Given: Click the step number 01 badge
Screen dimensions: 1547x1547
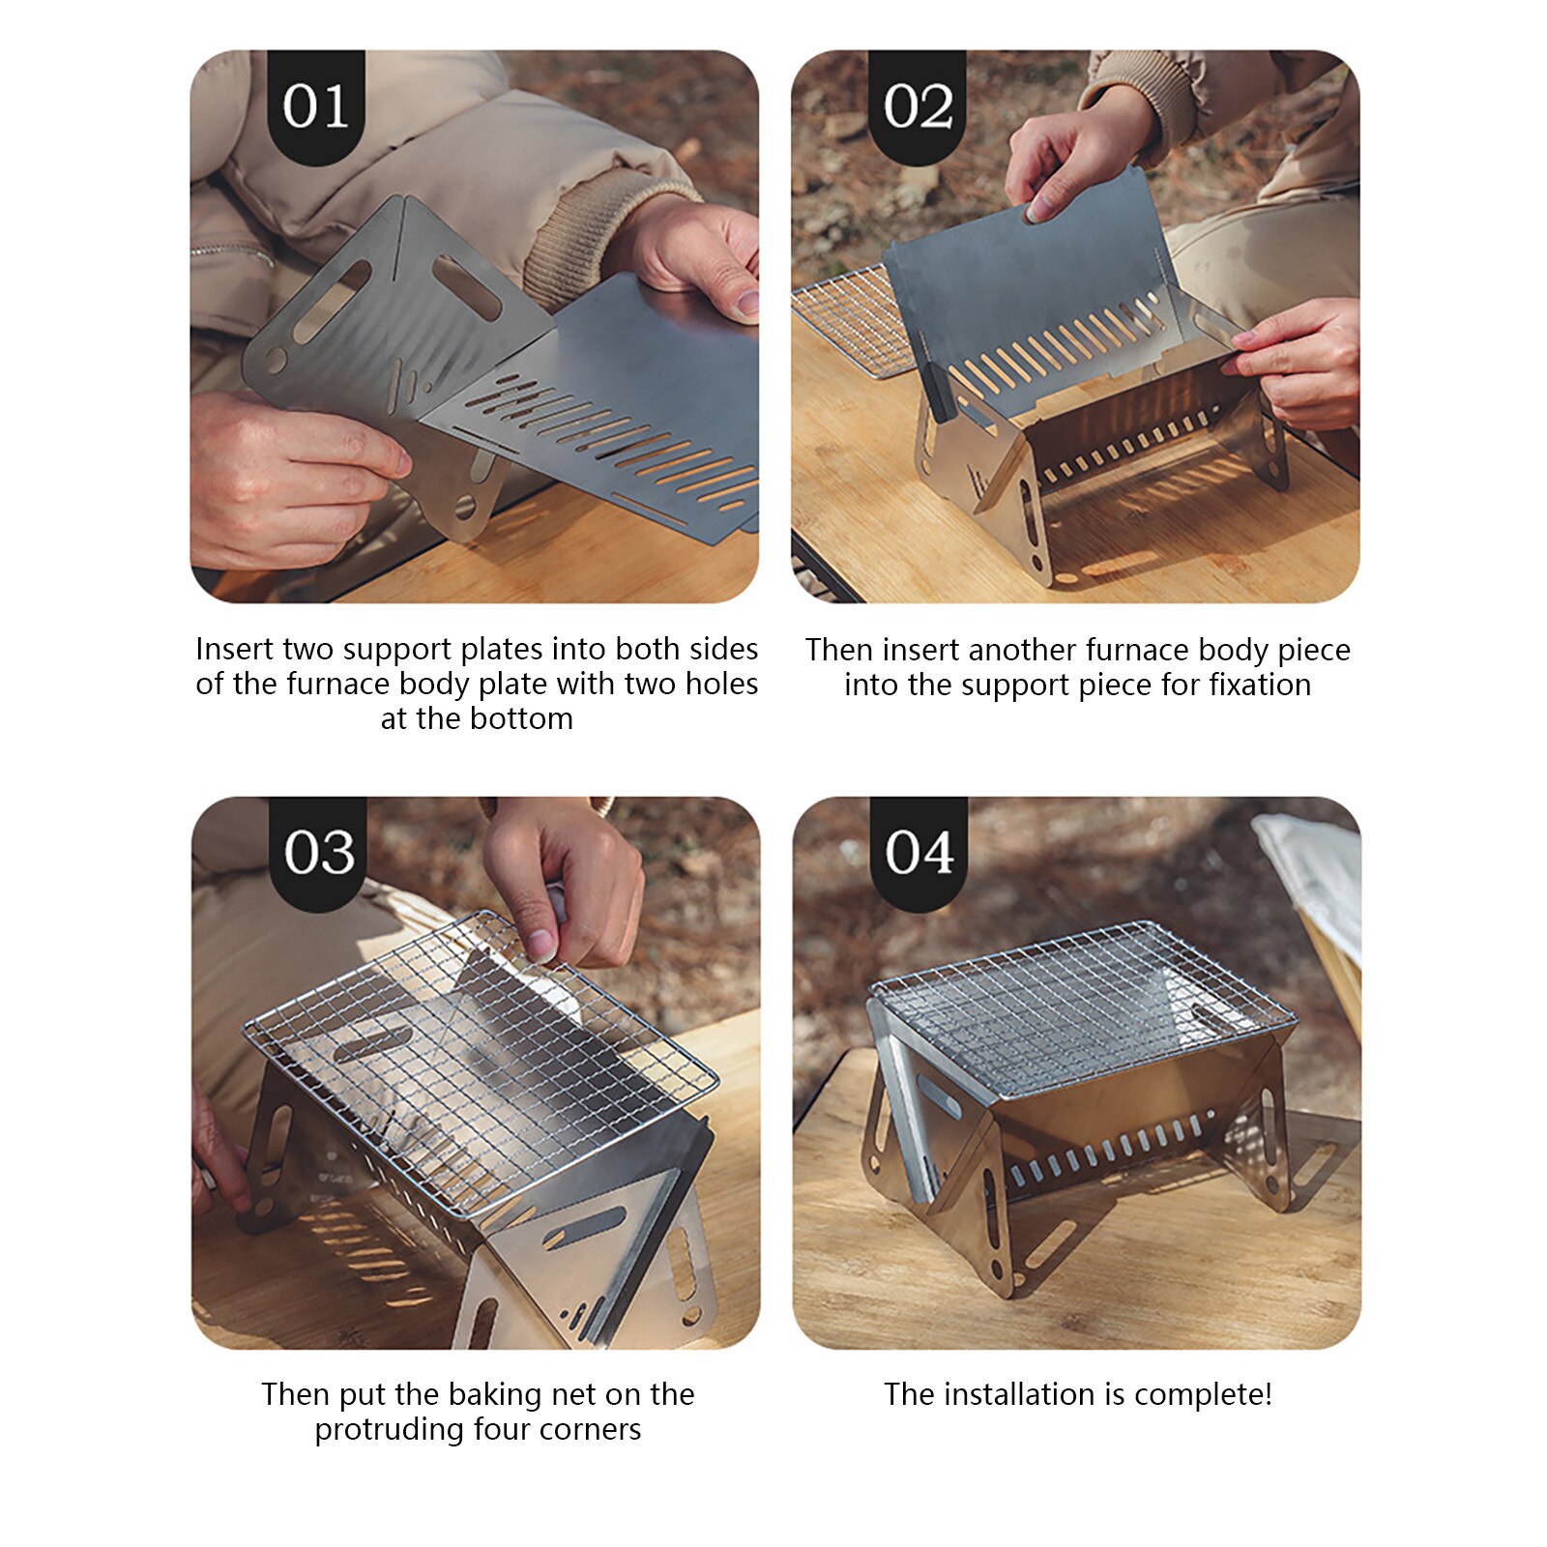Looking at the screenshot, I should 316,105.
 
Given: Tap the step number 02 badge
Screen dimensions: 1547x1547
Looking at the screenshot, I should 918,105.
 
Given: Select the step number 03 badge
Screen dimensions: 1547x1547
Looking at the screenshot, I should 318,852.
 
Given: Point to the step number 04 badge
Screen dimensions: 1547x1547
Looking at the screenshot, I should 919,852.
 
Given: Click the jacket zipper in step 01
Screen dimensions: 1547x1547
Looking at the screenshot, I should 232,253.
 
